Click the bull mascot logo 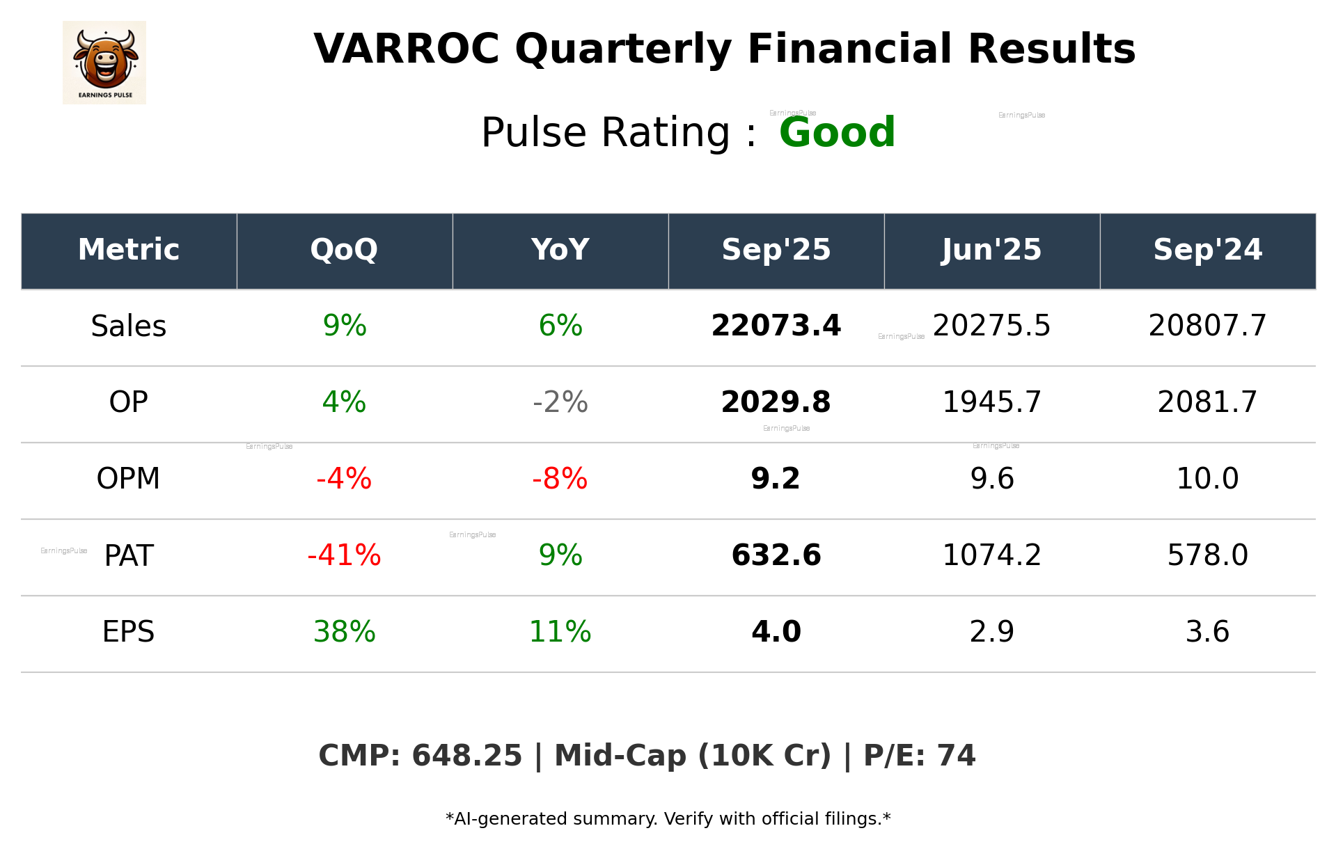coord(104,62)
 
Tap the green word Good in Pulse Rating coord(837,132)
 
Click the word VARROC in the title coord(407,49)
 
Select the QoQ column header coord(344,250)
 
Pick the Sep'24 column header coord(1207,250)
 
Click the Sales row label coord(129,326)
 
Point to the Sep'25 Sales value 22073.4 coord(776,326)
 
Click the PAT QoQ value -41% coord(344,555)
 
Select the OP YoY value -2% coord(560,402)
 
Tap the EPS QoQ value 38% coord(344,632)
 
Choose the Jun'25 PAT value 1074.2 coord(991,555)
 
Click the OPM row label coord(129,479)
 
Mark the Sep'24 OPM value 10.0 coord(1207,479)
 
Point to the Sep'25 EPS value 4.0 coord(776,632)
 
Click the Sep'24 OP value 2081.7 coord(1207,402)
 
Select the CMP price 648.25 coord(466,756)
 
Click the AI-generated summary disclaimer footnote coord(668,819)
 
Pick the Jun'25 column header coord(991,250)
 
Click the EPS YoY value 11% coord(560,632)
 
